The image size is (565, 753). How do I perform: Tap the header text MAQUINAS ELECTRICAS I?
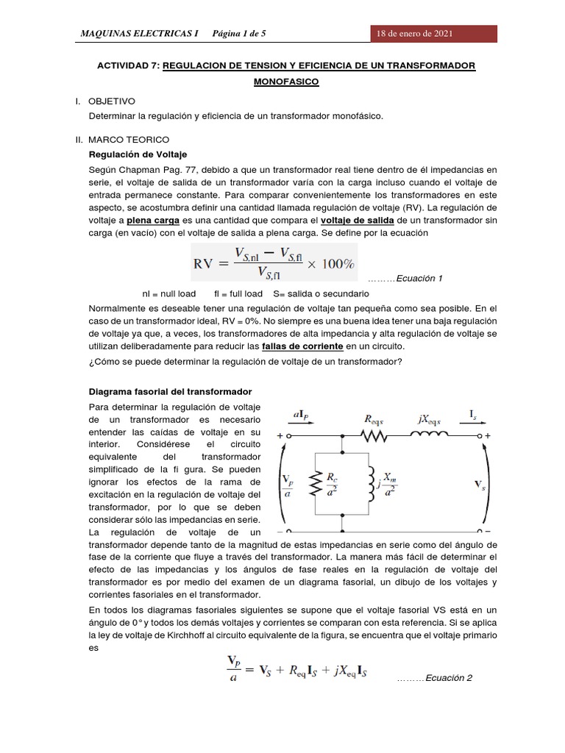pyautogui.click(x=139, y=34)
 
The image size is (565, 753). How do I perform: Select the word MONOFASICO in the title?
pyautogui.click(x=286, y=82)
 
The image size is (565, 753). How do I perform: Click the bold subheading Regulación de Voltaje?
pyautogui.click(x=138, y=154)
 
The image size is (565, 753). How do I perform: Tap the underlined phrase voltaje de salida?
pyautogui.click(x=357, y=220)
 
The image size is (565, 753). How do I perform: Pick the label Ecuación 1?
pyautogui.click(x=419, y=279)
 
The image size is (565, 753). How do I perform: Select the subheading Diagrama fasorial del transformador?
pyautogui.click(x=170, y=391)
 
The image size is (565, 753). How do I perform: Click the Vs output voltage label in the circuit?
pyautogui.click(x=479, y=485)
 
